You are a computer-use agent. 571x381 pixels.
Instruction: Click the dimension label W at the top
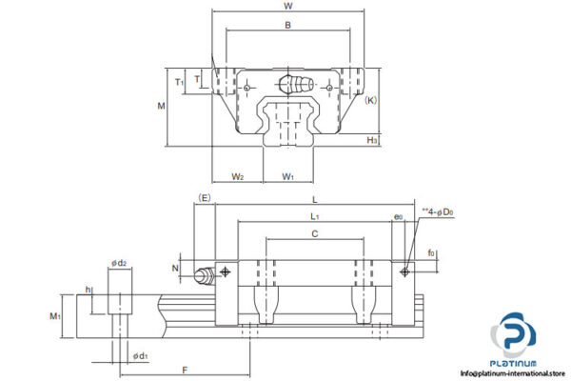pos(287,7)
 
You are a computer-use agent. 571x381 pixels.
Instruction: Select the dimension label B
pos(287,26)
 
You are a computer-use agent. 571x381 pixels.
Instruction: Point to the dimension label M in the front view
pos(160,106)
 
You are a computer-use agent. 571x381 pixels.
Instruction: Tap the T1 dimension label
pos(179,82)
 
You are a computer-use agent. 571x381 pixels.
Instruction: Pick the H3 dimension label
pos(373,140)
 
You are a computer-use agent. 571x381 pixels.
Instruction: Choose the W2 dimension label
pos(238,176)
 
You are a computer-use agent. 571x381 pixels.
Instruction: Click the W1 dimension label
pos(287,176)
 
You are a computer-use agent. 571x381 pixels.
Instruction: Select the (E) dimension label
pos(203,197)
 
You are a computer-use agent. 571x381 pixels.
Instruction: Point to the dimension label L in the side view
pos(314,199)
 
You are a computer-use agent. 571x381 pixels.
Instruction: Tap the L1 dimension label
pos(314,218)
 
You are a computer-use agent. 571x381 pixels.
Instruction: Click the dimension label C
pos(314,233)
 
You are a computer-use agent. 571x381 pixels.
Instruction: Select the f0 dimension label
pos(431,253)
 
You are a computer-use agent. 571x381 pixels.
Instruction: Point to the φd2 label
pos(119,262)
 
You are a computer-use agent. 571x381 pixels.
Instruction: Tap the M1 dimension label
pos(55,316)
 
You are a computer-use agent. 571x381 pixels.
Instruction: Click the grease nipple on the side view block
pos(203,276)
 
